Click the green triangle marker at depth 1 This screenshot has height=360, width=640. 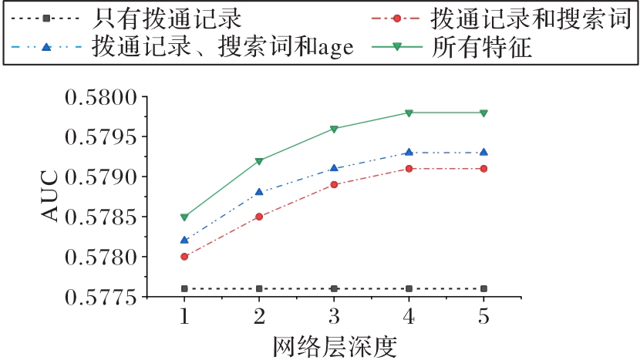pos(184,217)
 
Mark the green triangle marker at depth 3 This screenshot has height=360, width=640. pos(334,129)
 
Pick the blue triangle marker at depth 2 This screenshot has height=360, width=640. pos(259,191)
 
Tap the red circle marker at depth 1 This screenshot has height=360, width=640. pos(184,257)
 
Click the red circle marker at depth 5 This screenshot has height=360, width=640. pos(483,168)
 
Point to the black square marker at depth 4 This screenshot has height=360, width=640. pos(409,288)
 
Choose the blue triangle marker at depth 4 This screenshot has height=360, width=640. pos(409,152)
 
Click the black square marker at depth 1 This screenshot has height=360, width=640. pos(184,288)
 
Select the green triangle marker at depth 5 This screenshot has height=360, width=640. pos(483,113)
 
